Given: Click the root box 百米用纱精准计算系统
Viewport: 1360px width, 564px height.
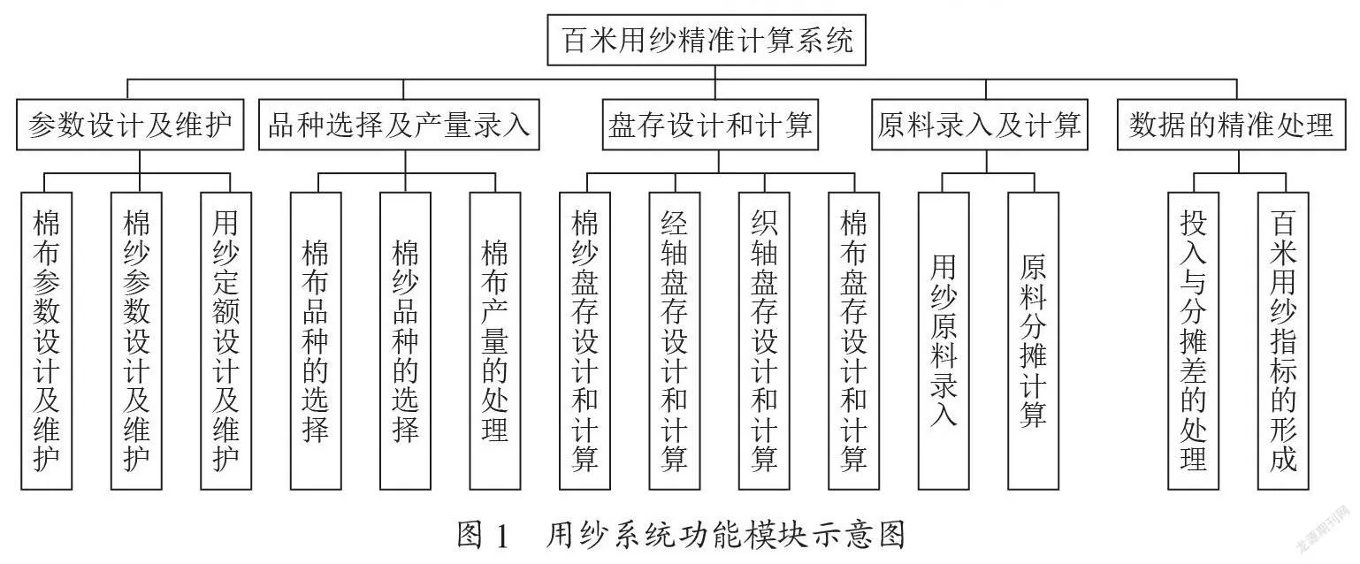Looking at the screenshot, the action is point(707,40).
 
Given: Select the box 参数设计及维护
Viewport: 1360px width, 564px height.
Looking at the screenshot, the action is point(130,125).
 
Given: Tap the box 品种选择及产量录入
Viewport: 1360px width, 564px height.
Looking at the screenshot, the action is point(399,125).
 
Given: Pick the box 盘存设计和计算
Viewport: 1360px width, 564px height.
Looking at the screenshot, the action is point(710,125).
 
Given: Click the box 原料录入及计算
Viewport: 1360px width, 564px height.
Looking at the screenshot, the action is point(979,125).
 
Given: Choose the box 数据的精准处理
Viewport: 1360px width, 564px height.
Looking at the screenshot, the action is point(1231,125).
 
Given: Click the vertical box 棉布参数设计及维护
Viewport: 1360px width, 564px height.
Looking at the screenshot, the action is point(47,341).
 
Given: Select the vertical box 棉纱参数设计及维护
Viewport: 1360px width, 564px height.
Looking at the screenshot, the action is point(136,341).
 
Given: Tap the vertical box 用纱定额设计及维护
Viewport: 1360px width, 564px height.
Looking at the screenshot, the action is point(225,341).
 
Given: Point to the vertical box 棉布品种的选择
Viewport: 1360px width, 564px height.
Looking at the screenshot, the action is point(316,341).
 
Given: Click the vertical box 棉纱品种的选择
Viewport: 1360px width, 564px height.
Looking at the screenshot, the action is point(406,341).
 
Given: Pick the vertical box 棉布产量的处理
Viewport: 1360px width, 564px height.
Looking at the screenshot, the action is point(495,341).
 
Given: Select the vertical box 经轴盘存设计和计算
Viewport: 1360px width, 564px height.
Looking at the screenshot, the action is point(675,341).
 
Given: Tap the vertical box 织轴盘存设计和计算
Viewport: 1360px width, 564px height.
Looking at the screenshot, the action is point(764,341).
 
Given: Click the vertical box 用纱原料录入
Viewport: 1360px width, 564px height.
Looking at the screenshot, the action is point(944,341).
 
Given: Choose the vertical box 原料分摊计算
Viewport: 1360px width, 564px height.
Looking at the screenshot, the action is point(1034,341).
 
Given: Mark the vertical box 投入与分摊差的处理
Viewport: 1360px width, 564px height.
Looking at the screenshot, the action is point(1194,341).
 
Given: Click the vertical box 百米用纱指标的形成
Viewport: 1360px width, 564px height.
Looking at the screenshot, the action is point(1283,341).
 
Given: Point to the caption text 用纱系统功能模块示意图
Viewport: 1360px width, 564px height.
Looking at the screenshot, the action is point(725,536).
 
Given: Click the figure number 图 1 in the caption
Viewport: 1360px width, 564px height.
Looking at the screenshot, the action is point(482,536).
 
